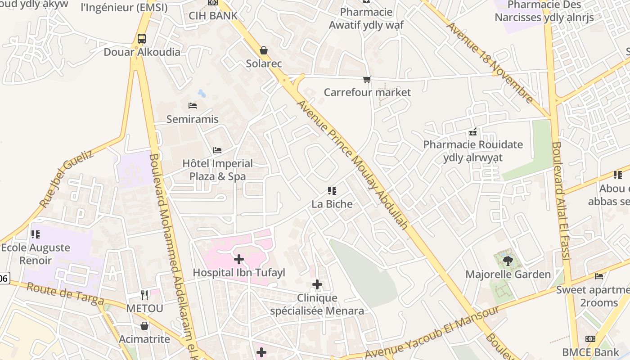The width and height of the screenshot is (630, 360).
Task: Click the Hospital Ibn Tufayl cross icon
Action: pos(239,259)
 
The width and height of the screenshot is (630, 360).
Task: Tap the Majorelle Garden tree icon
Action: pos(508,261)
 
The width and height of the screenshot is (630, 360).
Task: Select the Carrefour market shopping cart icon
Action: pos(367,80)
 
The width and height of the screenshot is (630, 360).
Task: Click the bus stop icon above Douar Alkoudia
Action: pos(142,39)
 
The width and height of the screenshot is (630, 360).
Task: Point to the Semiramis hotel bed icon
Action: pos(193,106)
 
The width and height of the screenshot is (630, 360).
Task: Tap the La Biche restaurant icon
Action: pos(332,191)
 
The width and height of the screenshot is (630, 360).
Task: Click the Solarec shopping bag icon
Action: pos(264,50)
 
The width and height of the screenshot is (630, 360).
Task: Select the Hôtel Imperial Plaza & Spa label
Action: pos(218,170)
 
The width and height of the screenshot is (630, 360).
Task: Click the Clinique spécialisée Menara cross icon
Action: pos(317,284)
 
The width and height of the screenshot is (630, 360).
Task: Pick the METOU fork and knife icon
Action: pos(144,295)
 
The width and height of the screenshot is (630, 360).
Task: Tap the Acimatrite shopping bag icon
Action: pos(144,326)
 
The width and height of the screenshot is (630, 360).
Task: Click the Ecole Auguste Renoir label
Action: pos(36,254)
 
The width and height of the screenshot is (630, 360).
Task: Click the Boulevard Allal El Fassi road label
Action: pos(561,201)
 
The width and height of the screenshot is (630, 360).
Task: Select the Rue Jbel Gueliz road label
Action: pos(67,179)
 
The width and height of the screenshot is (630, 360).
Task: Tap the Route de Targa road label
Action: pos(65,294)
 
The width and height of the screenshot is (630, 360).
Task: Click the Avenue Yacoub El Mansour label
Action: pos(432,333)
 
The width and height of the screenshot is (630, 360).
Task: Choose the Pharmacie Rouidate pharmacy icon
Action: pos(473,132)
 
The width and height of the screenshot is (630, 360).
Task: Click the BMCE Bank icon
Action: pos(590,339)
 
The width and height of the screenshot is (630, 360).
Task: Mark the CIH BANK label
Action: pos(213,16)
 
